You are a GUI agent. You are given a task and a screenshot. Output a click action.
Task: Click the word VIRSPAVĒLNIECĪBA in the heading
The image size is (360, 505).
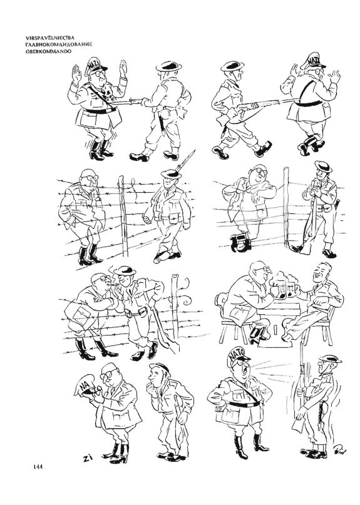click(x=50, y=38)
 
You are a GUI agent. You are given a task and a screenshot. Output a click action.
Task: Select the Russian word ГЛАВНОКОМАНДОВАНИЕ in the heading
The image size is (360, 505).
click(x=59, y=44)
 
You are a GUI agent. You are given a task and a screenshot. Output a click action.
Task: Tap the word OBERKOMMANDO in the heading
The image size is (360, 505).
click(x=48, y=51)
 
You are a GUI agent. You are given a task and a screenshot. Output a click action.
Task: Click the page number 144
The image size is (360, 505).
click(x=38, y=466)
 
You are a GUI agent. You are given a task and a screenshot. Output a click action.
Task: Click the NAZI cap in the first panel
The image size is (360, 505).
click(x=95, y=65)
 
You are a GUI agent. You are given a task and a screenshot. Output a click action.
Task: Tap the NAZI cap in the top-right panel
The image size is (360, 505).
click(x=312, y=61)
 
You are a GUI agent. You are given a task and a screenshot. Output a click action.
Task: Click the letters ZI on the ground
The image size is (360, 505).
click(x=86, y=458)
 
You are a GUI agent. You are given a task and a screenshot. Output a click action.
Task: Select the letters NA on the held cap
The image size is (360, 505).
click(x=85, y=384)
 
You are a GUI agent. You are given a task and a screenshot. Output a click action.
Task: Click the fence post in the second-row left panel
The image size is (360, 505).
click(x=123, y=216)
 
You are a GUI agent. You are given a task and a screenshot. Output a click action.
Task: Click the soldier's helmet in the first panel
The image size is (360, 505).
click(x=168, y=66)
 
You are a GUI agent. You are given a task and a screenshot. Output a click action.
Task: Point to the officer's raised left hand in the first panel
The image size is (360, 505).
click(x=76, y=74)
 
